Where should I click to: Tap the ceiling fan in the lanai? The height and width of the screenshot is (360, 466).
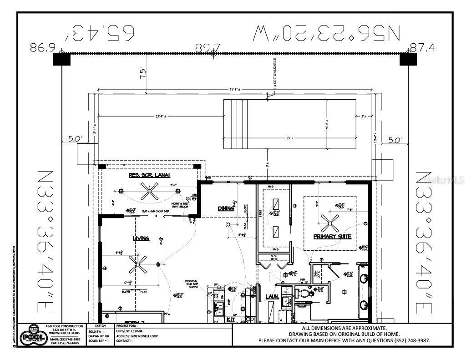pyautogui.click(x=149, y=192)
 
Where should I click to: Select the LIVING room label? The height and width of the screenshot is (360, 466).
pyautogui.click(x=141, y=238)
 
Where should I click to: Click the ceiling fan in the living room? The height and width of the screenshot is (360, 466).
pyautogui.click(x=137, y=264)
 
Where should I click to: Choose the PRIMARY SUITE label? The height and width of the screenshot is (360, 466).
pyautogui.click(x=332, y=237)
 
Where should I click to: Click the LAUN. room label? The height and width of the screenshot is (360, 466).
pyautogui.click(x=272, y=297)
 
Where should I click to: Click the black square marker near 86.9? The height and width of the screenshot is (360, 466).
pyautogui.click(x=59, y=59)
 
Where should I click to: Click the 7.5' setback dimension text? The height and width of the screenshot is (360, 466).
pyautogui.click(x=143, y=74)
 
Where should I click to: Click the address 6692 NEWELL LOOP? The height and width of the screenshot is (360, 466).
pyautogui.click(x=145, y=336)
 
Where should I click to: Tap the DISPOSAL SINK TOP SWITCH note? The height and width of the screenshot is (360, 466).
pyautogui.click(x=192, y=284)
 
